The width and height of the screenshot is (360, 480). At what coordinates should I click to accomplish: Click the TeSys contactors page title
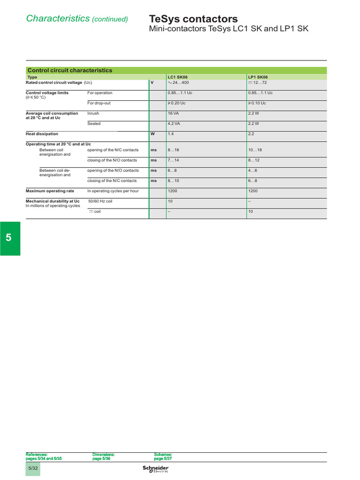(x=193, y=19)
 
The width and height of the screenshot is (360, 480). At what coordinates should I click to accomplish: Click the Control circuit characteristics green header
(x=69, y=70)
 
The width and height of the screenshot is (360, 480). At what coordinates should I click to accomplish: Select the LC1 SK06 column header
(x=178, y=77)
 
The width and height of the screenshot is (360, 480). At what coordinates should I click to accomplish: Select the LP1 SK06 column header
(x=258, y=77)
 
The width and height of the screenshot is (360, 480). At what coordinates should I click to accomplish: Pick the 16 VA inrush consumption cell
(x=173, y=113)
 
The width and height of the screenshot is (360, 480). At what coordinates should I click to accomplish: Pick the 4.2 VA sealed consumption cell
(x=174, y=124)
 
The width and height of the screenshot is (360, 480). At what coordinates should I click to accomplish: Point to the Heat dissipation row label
(x=42, y=134)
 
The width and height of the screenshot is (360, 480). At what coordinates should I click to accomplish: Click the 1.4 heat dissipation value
(x=171, y=134)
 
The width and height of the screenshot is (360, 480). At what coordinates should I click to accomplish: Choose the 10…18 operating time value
(x=255, y=150)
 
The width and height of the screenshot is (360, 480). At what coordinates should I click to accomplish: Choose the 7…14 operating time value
(x=173, y=160)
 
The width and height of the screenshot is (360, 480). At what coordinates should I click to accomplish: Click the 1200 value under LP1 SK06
(x=253, y=191)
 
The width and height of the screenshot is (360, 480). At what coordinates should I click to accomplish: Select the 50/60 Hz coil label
(x=100, y=201)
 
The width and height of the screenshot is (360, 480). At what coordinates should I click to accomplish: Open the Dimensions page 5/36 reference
(x=103, y=457)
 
